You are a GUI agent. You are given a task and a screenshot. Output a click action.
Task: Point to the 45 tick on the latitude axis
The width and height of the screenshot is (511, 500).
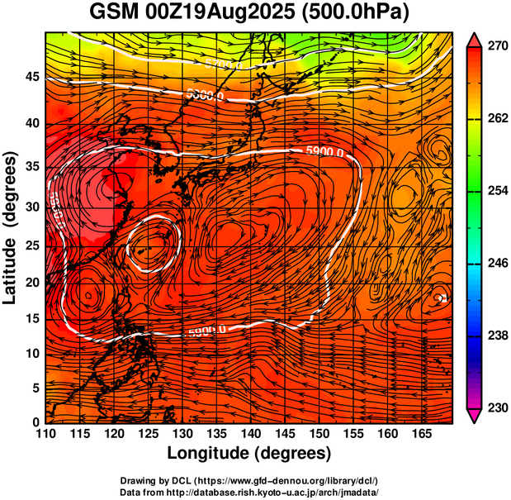pos(31,77)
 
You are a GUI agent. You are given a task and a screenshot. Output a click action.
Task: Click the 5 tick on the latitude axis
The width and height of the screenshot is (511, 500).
pos(35,388)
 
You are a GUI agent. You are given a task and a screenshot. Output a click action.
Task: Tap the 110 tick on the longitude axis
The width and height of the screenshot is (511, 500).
pos(45,433)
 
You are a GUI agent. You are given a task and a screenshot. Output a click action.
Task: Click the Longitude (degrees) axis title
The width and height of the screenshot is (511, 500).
pos(249,453)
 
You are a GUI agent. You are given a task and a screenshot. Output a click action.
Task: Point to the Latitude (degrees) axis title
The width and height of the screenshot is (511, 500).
pos(11,227)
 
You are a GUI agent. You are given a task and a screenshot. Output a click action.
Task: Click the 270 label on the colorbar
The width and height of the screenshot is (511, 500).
pos(497,46)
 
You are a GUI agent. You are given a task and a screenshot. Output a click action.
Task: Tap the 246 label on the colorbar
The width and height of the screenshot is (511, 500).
pos(497,263)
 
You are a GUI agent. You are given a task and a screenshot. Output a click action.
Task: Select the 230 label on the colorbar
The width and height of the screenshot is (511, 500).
pos(497,407)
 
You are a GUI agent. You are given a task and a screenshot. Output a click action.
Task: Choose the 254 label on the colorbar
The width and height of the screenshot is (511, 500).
pos(497,191)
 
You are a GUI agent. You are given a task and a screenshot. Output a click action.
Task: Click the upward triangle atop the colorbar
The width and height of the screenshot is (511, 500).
pos(475,38)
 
